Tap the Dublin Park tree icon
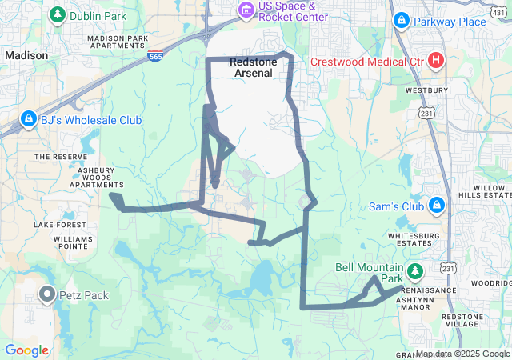58,15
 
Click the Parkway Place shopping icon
401,21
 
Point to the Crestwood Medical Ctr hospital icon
436,60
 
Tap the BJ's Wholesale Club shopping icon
29,120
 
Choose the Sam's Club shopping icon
437,206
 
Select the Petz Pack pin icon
47,295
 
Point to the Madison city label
26,55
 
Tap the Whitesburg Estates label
414,241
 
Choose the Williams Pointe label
72,243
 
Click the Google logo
26,350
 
